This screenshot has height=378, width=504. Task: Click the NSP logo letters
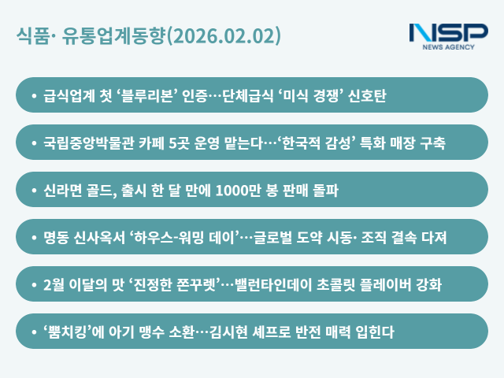tap(448, 33)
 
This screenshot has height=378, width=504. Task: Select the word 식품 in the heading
tap(31, 36)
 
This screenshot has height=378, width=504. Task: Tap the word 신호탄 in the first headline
tap(365, 96)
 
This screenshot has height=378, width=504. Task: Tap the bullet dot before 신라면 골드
tap(33, 191)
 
